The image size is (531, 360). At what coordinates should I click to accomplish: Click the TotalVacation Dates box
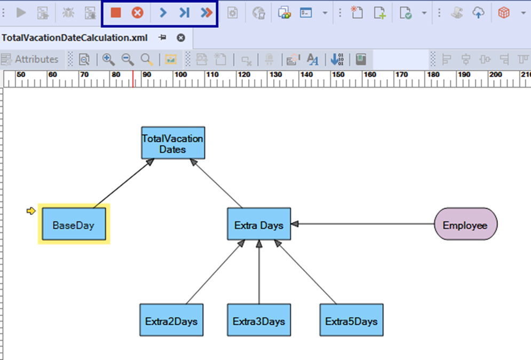pos(173,143)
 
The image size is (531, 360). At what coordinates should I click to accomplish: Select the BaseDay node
pos(74,224)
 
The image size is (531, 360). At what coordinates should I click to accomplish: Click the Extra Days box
pos(259,224)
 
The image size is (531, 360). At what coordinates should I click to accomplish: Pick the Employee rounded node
pos(466,224)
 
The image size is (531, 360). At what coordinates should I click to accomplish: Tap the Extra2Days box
pos(172,320)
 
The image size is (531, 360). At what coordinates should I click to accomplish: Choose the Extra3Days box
pos(259,320)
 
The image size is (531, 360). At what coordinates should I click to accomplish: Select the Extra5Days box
pos(352,320)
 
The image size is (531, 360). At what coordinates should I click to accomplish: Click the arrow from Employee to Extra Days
pos(363,224)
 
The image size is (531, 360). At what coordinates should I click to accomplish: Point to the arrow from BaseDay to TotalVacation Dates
pos(124,183)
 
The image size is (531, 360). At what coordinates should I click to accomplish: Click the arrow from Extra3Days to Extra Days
pos(259,272)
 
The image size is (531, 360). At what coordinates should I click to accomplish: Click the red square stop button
pos(116,13)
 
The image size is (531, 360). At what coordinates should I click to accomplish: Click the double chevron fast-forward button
pos(206,13)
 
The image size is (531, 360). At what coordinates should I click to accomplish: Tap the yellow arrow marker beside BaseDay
pos(31,211)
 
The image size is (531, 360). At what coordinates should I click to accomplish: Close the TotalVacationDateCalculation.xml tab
pos(181,37)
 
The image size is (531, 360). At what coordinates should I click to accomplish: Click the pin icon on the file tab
pos(163,37)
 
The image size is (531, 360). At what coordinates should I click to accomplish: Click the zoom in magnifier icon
pos(108,59)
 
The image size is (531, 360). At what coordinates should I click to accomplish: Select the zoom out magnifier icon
pos(128,59)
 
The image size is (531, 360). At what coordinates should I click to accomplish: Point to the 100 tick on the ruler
pos(173,79)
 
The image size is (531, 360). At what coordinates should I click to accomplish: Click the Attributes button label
pos(37,59)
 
